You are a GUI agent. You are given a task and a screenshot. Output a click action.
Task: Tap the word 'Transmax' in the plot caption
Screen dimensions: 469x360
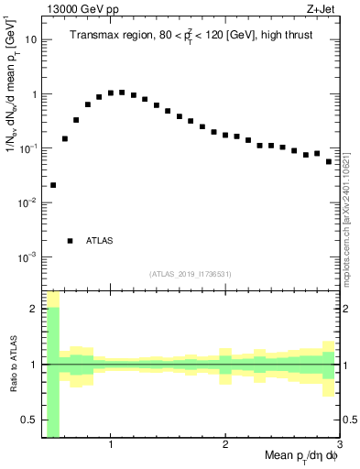pos(95,36)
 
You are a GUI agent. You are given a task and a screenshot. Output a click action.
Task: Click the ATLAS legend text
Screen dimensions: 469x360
pos(99,241)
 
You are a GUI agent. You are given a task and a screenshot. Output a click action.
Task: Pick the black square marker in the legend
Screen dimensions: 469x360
pos(70,241)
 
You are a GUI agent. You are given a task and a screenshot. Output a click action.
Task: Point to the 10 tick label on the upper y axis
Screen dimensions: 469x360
pos(29,40)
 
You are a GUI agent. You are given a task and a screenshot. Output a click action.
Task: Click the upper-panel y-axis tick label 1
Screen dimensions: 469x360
pos(33,94)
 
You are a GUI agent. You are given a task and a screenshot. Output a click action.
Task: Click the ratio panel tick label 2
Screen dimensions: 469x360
pos(33,309)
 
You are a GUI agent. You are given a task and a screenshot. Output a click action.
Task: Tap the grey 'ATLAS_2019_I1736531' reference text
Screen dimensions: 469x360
pos(191,274)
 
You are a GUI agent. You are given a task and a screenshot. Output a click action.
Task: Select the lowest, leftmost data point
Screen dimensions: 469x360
pos(53,185)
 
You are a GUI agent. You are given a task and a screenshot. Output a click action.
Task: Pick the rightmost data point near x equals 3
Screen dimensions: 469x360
pos(329,161)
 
